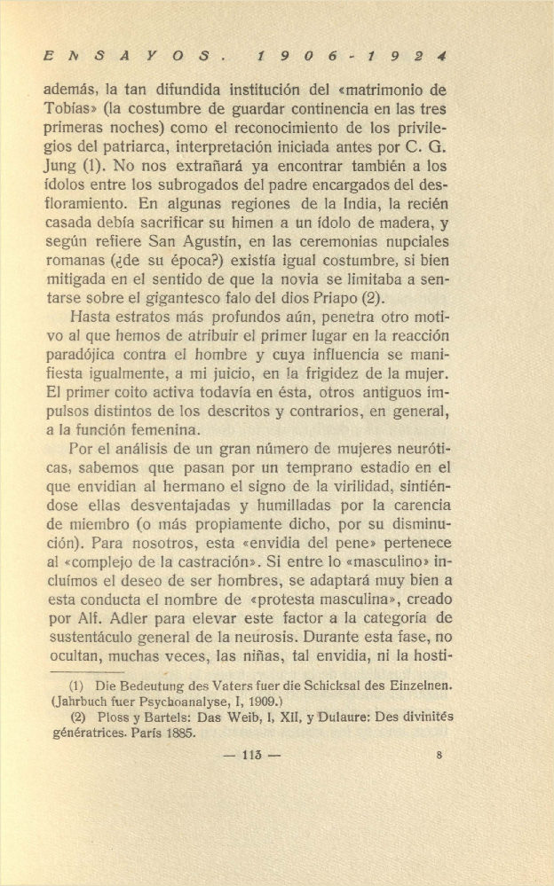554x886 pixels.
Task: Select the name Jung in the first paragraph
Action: (x=59, y=166)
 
